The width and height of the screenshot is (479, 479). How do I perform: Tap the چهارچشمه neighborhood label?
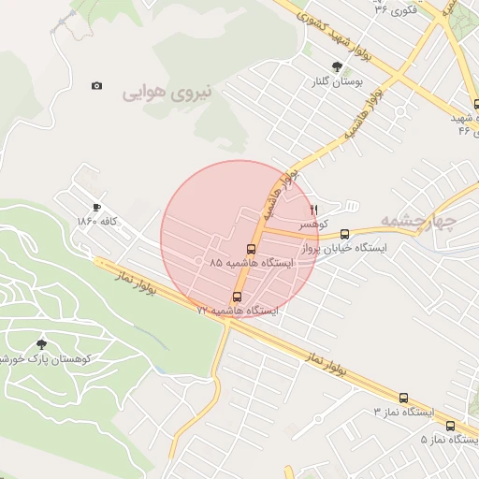pos(417,222)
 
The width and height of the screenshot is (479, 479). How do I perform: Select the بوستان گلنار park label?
pos(336,82)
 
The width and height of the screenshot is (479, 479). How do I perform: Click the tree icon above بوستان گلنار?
pos(337,66)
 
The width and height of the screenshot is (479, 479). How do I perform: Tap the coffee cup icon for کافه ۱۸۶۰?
pos(96,207)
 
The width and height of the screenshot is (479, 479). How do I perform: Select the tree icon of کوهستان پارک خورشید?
pos(40,343)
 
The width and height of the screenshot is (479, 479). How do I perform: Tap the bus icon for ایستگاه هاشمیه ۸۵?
pos(250,249)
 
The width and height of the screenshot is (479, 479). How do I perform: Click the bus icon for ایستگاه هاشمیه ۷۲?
pos(236,296)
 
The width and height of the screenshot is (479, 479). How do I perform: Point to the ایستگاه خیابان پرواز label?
pos(346,250)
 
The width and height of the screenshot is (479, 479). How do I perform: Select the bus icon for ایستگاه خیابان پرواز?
pos(345,235)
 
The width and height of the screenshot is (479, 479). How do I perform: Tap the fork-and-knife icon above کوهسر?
pos(314,209)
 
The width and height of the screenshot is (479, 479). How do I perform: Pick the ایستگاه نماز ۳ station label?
pos(406,412)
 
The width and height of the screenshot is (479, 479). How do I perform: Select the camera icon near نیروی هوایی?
pos(96,85)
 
